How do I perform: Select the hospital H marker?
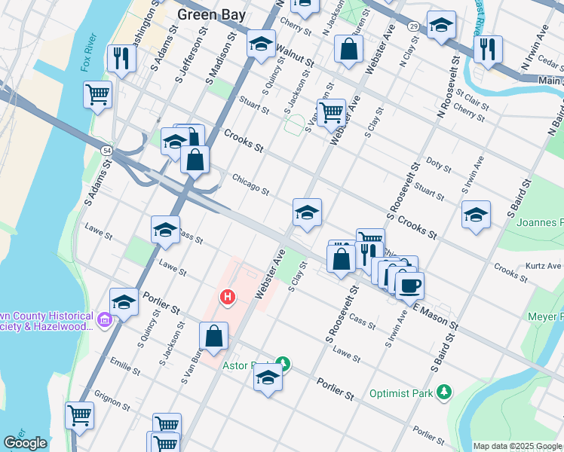pyautogui.click(x=226, y=298)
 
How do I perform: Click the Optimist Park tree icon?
pyautogui.click(x=445, y=392)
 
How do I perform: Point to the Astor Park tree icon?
pyautogui.click(x=283, y=363)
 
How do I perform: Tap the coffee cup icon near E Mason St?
pyautogui.click(x=409, y=286)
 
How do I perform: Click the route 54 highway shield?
pyautogui.click(x=104, y=151)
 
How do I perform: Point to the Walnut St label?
pyautogui.click(x=295, y=51)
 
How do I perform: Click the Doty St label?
pyautogui.click(x=438, y=165)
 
